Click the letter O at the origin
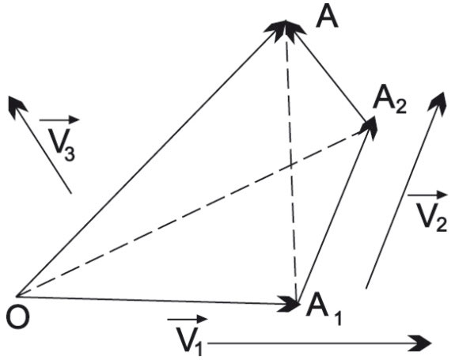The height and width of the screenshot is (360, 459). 18,318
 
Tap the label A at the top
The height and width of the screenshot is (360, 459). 328,17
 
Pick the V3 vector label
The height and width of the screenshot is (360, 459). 62,145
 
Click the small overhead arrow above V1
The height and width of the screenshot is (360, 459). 188,319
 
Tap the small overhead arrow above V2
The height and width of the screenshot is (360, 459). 427,194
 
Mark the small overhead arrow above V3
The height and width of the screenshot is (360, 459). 59,119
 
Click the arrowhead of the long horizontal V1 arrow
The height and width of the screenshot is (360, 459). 423,343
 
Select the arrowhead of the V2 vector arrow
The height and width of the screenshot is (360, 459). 438,101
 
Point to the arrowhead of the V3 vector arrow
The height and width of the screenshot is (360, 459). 16,104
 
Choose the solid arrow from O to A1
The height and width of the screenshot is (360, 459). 158,301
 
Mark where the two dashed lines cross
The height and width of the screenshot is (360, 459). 290,165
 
